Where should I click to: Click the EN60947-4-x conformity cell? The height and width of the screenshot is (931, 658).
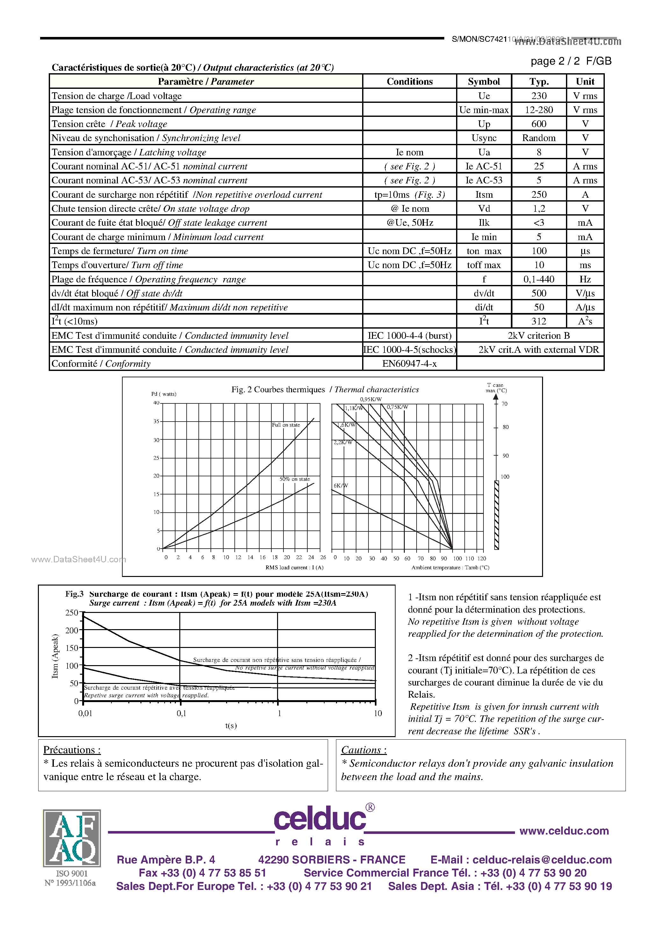(409, 364)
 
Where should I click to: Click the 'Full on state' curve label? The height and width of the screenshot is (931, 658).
(286, 425)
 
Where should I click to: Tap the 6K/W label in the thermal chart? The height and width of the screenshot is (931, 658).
(340, 485)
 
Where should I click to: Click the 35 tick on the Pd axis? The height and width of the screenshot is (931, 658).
(156, 421)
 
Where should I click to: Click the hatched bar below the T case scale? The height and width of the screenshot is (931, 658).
(496, 515)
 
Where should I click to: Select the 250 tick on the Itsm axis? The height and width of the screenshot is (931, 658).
(71, 613)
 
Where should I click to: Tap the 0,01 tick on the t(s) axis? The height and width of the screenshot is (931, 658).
(85, 713)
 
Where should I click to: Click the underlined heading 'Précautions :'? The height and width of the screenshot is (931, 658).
(72, 750)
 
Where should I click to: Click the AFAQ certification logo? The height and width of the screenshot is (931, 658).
(72, 838)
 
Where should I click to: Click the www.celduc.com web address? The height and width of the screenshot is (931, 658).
(564, 831)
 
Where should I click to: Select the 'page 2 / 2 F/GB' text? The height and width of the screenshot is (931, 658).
(570, 61)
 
